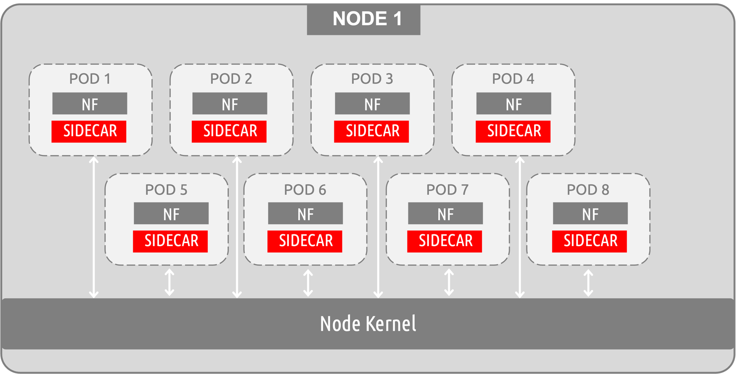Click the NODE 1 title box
363,19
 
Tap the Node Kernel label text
368,324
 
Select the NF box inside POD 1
90,103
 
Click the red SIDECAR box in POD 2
229,131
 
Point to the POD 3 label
372,79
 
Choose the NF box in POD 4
514,103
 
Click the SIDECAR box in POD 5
170,241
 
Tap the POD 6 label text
305,190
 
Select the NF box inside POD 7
445,213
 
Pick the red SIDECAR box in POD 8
589,241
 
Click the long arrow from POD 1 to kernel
94,227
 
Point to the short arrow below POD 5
169,282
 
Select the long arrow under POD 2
237,227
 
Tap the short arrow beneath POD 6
308,283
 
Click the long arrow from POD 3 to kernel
378,227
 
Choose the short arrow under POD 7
449,282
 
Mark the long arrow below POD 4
520,227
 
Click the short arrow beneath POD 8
588,283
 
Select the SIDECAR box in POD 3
371,131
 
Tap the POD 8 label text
588,190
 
